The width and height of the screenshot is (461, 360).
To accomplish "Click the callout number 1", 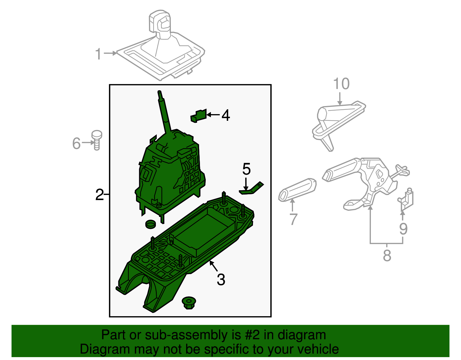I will pyautogui.click(x=99, y=54).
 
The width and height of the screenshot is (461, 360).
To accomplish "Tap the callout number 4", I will pyautogui.click(x=226, y=115).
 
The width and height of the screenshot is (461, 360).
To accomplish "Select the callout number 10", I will pyautogui.click(x=341, y=84).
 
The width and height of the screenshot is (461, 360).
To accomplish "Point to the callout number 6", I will pyautogui.click(x=76, y=143).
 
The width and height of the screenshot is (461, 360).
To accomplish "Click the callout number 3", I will pyautogui.click(x=221, y=280).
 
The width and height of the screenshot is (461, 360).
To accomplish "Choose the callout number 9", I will pyautogui.click(x=403, y=229).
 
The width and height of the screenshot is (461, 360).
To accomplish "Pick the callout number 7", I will pyautogui.click(x=293, y=219).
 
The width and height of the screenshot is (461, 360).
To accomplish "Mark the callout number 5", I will pyautogui.click(x=246, y=169).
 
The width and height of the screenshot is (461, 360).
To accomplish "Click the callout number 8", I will pyautogui.click(x=387, y=255).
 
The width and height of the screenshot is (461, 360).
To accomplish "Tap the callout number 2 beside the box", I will pyautogui.click(x=99, y=195).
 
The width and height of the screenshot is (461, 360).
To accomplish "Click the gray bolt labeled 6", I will pyautogui.click(x=97, y=140).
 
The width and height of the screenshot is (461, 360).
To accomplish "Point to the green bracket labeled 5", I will pyautogui.click(x=252, y=189).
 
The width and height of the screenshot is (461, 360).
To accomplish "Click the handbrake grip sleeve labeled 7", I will pyautogui.click(x=297, y=189).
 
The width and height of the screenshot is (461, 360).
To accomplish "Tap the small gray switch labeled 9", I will pyautogui.click(x=406, y=199).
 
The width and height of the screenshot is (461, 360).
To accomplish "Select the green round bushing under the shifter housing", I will pyautogui.click(x=150, y=224).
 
